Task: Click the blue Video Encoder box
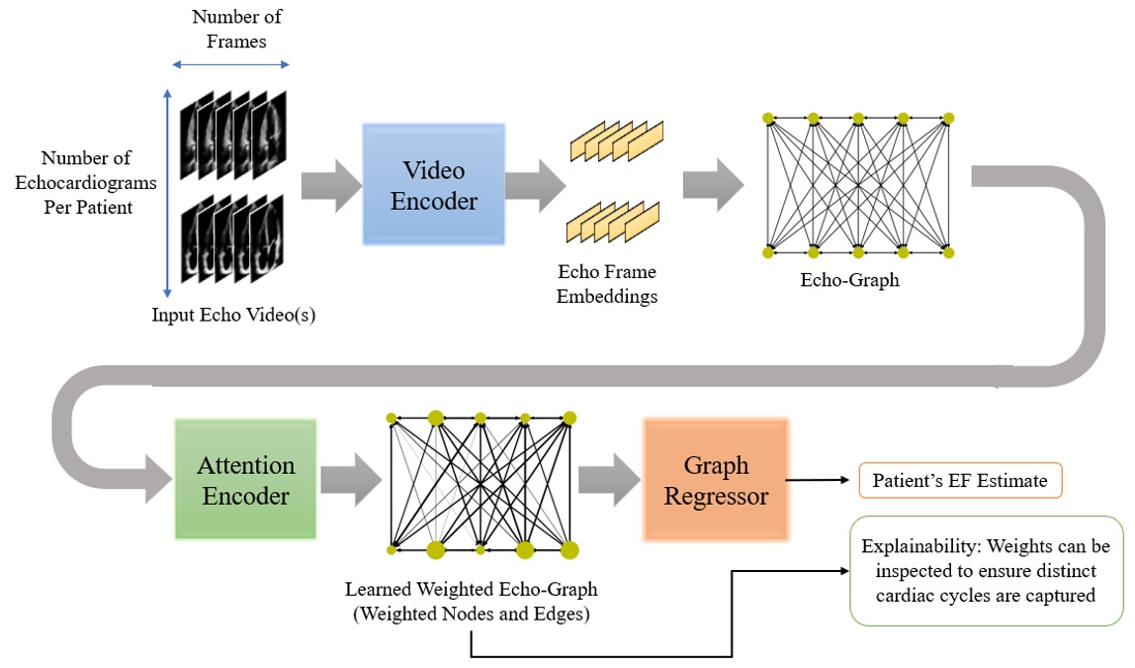pyautogui.click(x=434, y=185)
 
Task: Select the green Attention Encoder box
pyautogui.click(x=245, y=480)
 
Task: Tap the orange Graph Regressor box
pyautogui.click(x=716, y=480)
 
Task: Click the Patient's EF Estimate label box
pyautogui.click(x=959, y=482)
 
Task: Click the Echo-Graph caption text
pyautogui.click(x=849, y=280)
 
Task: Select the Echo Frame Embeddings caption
pyautogui.click(x=607, y=283)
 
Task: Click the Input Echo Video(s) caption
pyautogui.click(x=233, y=315)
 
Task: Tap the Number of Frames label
pyautogui.click(x=229, y=29)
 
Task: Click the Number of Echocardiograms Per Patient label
pyautogui.click(x=87, y=183)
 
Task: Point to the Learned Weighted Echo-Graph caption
pyautogui.click(x=471, y=600)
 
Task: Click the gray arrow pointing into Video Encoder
pyautogui.click(x=330, y=184)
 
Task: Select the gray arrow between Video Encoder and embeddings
pyautogui.click(x=535, y=184)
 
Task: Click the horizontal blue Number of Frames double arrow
pyautogui.click(x=229, y=64)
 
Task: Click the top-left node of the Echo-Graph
pyautogui.click(x=768, y=119)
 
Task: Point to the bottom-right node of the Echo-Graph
pyautogui.click(x=948, y=252)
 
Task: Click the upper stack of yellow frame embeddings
pyautogui.click(x=616, y=141)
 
